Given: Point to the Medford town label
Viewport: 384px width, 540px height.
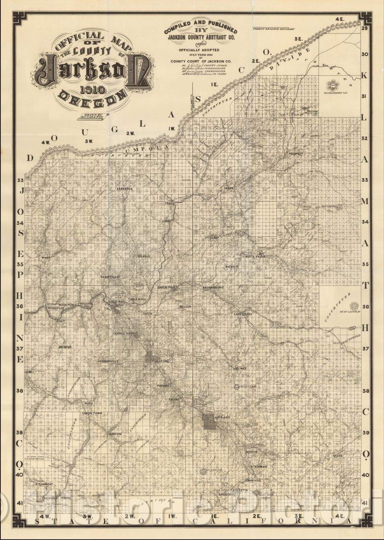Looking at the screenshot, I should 162,361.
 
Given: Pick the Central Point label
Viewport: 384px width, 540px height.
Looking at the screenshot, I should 123,334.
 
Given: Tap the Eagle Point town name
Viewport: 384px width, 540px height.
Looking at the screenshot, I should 167,287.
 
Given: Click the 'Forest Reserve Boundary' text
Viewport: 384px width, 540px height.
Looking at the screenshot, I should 273,29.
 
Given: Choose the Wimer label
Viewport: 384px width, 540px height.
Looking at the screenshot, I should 46,257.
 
